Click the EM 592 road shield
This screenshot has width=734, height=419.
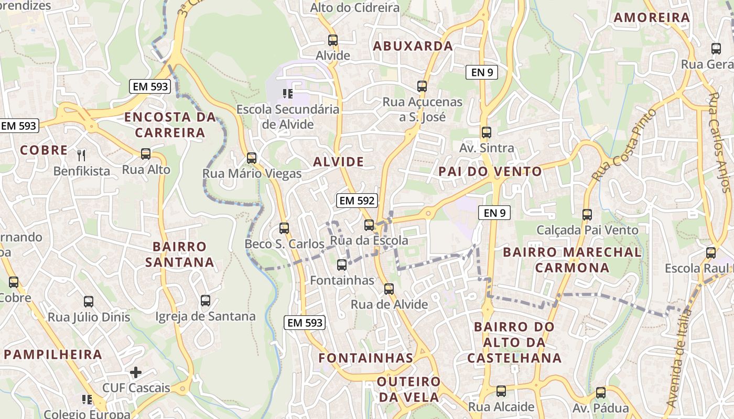click(x=357, y=201)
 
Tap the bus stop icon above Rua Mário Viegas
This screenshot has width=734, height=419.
click(x=252, y=158)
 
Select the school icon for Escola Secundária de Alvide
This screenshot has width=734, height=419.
click(x=287, y=94)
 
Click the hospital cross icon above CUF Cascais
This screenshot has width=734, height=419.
click(x=136, y=372)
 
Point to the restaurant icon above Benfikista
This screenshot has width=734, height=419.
click(x=81, y=155)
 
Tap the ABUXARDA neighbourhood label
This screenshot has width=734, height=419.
click(x=413, y=46)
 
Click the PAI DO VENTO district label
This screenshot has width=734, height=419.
click(x=490, y=172)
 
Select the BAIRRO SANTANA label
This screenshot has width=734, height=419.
click(x=180, y=254)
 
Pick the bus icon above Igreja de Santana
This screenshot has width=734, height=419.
click(x=206, y=301)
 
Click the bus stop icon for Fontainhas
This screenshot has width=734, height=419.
click(x=342, y=265)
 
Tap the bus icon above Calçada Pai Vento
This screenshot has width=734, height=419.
click(x=587, y=214)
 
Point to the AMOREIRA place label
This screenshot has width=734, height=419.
click(x=652, y=18)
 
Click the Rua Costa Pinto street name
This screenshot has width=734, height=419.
click(x=623, y=146)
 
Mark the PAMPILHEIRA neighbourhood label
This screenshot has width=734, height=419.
click(x=53, y=355)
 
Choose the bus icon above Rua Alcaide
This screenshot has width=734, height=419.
click(x=501, y=391)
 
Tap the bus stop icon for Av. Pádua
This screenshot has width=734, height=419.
click(x=601, y=392)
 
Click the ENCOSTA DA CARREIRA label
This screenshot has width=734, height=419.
click(x=170, y=125)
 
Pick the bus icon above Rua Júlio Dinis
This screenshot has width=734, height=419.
click(x=89, y=302)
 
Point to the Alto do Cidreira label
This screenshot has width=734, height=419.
click(x=354, y=8)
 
